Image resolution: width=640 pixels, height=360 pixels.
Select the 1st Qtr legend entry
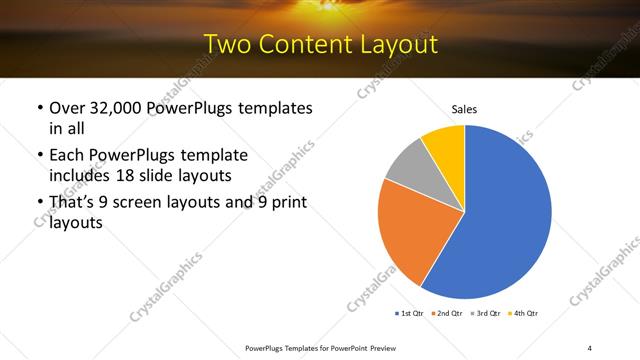click(x=410, y=314)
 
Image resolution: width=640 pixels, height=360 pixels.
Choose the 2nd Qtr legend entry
click(x=446, y=314)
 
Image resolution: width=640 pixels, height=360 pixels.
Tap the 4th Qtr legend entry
click(x=524, y=314)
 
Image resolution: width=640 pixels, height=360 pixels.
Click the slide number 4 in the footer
click(x=589, y=347)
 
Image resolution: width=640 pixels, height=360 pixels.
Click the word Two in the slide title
click(x=226, y=45)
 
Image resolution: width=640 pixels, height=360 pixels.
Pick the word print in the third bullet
click(x=285, y=203)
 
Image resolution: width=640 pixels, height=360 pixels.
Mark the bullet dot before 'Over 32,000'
click(x=39, y=108)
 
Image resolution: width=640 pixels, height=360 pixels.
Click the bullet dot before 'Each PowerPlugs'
click(x=39, y=156)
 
